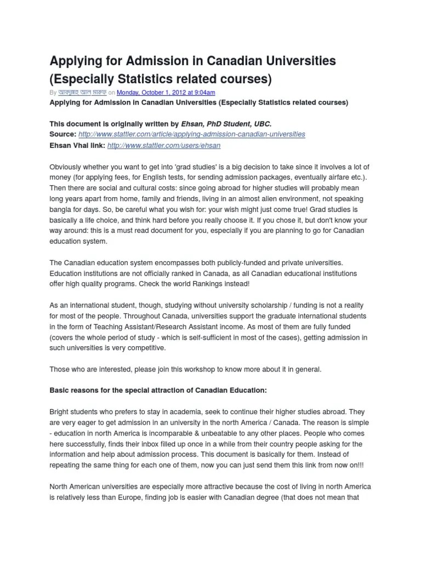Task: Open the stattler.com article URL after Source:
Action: click(192, 134)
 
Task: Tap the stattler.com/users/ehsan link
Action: click(164, 146)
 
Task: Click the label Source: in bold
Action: click(63, 134)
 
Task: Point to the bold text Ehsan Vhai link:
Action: click(77, 146)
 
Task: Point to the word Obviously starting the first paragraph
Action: click(66, 167)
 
